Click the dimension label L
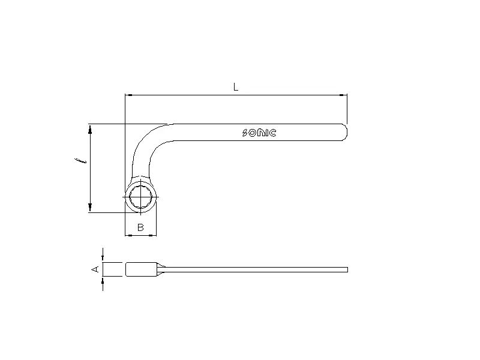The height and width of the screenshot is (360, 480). pos(236,87)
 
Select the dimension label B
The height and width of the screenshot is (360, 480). pos(140,227)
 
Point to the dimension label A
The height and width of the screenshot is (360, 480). pos(94,269)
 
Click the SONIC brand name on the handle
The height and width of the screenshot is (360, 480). pos(259,133)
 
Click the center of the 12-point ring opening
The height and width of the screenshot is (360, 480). pos(140,196)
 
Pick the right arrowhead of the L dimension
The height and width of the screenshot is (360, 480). pos(344,95)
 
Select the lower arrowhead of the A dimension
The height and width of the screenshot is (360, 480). pos(103,281)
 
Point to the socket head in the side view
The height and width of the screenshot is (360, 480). pos(141,269)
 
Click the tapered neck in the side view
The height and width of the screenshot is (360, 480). pos(162,269)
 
